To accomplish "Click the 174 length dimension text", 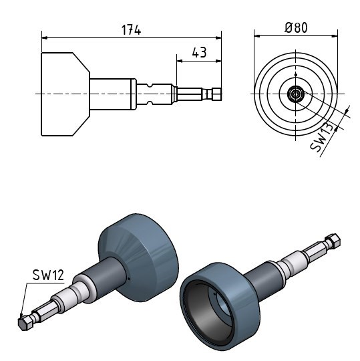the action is pyautogui.click(x=131, y=30).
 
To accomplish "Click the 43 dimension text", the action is pyautogui.click(x=199, y=53).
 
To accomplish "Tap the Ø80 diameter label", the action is pyautogui.click(x=296, y=27).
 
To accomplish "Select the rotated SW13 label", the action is pyautogui.click(x=322, y=137).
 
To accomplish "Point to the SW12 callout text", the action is pyautogui.click(x=48, y=275).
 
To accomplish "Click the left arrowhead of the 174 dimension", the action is pyautogui.click(x=44, y=37).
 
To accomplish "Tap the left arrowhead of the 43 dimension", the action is pyautogui.click(x=180, y=61).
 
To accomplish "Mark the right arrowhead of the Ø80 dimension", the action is pyautogui.click(x=335, y=36).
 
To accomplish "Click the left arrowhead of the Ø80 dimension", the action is pyautogui.click(x=257, y=36).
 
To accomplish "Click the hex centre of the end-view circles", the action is pyautogui.click(x=296, y=94).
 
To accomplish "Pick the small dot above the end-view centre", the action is pyautogui.click(x=296, y=75).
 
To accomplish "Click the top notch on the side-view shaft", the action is pyautogui.click(x=150, y=86).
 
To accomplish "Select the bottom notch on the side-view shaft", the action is pyautogui.click(x=150, y=102).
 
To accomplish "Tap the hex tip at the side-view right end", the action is pyautogui.click(x=216, y=94).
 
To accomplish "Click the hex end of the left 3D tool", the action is pyautogui.click(x=25, y=322).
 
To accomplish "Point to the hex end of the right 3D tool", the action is pyautogui.click(x=333, y=241).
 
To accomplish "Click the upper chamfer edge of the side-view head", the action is pyautogui.click(x=81, y=62).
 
